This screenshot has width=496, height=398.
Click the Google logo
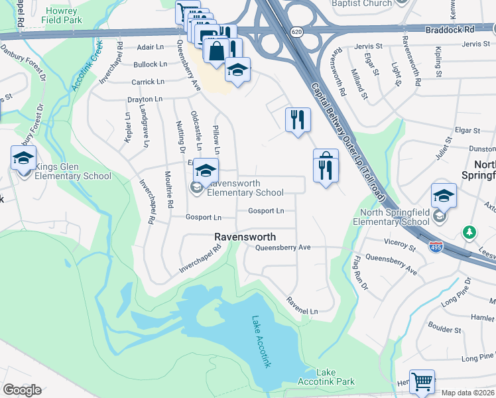click(22, 390)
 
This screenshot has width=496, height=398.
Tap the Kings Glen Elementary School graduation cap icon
click(23, 159)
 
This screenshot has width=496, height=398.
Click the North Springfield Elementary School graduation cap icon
click(444, 195)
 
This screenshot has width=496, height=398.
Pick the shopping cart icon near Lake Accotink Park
click(421, 382)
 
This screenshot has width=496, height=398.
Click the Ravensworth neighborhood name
click(245, 237)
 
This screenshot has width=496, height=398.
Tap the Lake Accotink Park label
click(335, 377)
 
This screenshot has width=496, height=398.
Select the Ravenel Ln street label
click(302, 306)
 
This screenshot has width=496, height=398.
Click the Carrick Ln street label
click(147, 82)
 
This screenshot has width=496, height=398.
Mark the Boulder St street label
click(444, 328)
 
